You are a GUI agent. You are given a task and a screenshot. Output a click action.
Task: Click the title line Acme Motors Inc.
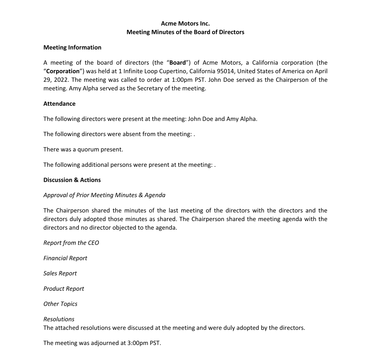click(185, 24)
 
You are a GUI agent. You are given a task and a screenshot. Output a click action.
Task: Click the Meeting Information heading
click(72, 47)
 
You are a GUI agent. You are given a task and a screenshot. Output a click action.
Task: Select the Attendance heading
click(59, 104)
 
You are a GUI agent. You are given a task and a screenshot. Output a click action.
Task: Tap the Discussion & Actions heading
click(72, 180)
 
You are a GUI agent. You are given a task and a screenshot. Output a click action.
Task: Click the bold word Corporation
click(63, 71)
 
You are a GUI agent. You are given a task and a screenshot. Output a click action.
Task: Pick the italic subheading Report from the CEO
click(71, 243)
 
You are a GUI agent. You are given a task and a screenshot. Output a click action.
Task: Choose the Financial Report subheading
click(65, 258)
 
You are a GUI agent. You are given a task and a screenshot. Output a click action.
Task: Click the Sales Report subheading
click(60, 274)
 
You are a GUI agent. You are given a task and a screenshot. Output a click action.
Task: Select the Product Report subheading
click(63, 289)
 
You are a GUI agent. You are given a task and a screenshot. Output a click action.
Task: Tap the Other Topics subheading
click(60, 304)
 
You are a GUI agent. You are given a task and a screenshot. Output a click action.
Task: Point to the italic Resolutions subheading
click(59, 319)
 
